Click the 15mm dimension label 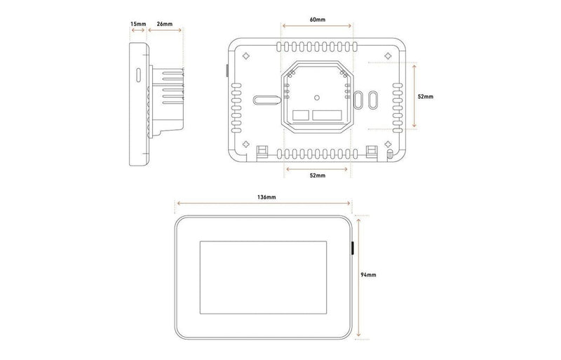137,24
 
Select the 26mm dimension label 166,24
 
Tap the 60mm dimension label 317,19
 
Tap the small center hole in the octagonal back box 317,97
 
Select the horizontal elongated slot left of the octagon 264,100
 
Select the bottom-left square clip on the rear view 264,149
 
